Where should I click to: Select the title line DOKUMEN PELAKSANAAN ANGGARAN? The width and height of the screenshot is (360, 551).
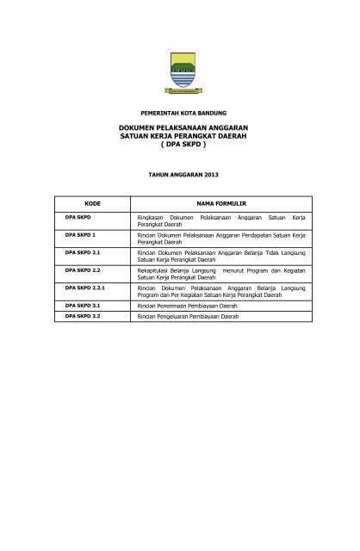(x=180, y=127)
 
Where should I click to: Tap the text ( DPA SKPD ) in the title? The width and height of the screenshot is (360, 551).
(x=180, y=145)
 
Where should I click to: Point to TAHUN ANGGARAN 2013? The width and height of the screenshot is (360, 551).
(x=180, y=175)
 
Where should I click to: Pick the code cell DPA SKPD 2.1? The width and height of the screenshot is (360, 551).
(x=84, y=252)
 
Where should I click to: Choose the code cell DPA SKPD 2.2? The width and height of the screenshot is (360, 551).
(x=84, y=270)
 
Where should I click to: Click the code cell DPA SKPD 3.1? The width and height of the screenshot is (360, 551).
(x=84, y=306)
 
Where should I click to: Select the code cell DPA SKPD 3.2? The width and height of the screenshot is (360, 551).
(x=84, y=317)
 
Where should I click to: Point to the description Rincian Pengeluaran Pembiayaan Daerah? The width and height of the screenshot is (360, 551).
(x=196, y=317)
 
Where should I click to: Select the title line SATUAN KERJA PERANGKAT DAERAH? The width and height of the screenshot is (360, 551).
(x=180, y=136)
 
